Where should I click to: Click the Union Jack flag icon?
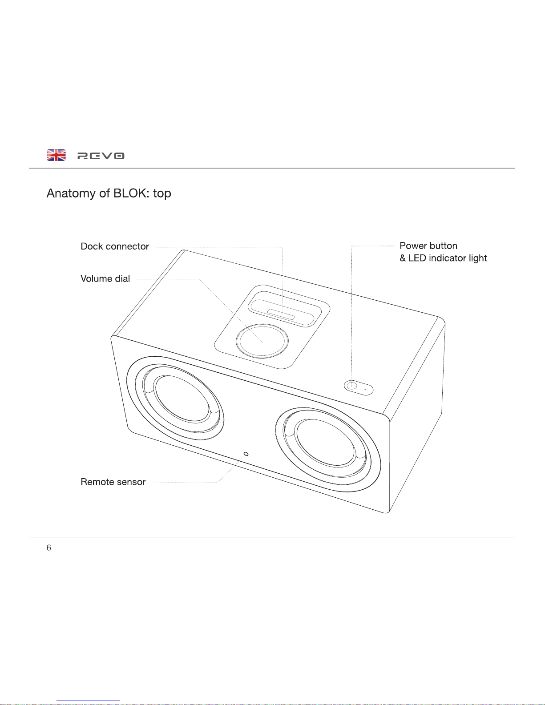tap(56, 155)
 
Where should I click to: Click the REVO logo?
tap(101, 156)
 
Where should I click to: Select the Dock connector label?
tap(115, 246)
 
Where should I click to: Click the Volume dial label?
tap(105, 279)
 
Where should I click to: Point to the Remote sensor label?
tap(113, 482)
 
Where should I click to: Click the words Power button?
tap(428, 246)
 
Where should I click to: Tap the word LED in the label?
tap(417, 258)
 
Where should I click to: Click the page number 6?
tap(48, 548)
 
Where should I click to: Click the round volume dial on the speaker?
tap(262, 341)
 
